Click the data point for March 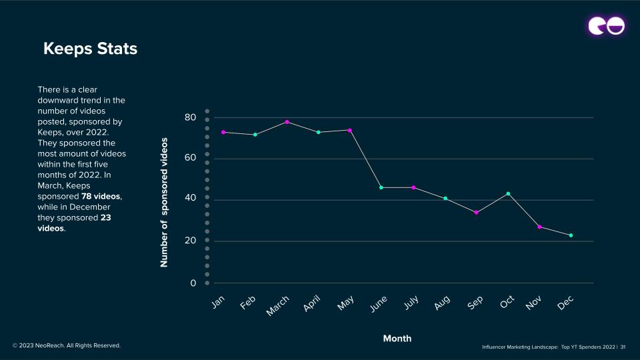[x=287, y=122]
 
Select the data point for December [x=571, y=235]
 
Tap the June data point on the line [x=381, y=187]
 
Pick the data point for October [x=508, y=193]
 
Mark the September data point [x=476, y=213]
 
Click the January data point [x=223, y=132]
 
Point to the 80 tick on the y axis [x=190, y=117]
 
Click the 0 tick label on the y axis [x=193, y=283]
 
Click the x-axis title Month [x=397, y=339]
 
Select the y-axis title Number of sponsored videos [x=165, y=203]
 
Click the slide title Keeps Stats [x=90, y=49]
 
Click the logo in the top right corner [x=607, y=26]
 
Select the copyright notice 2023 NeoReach [x=67, y=345]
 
